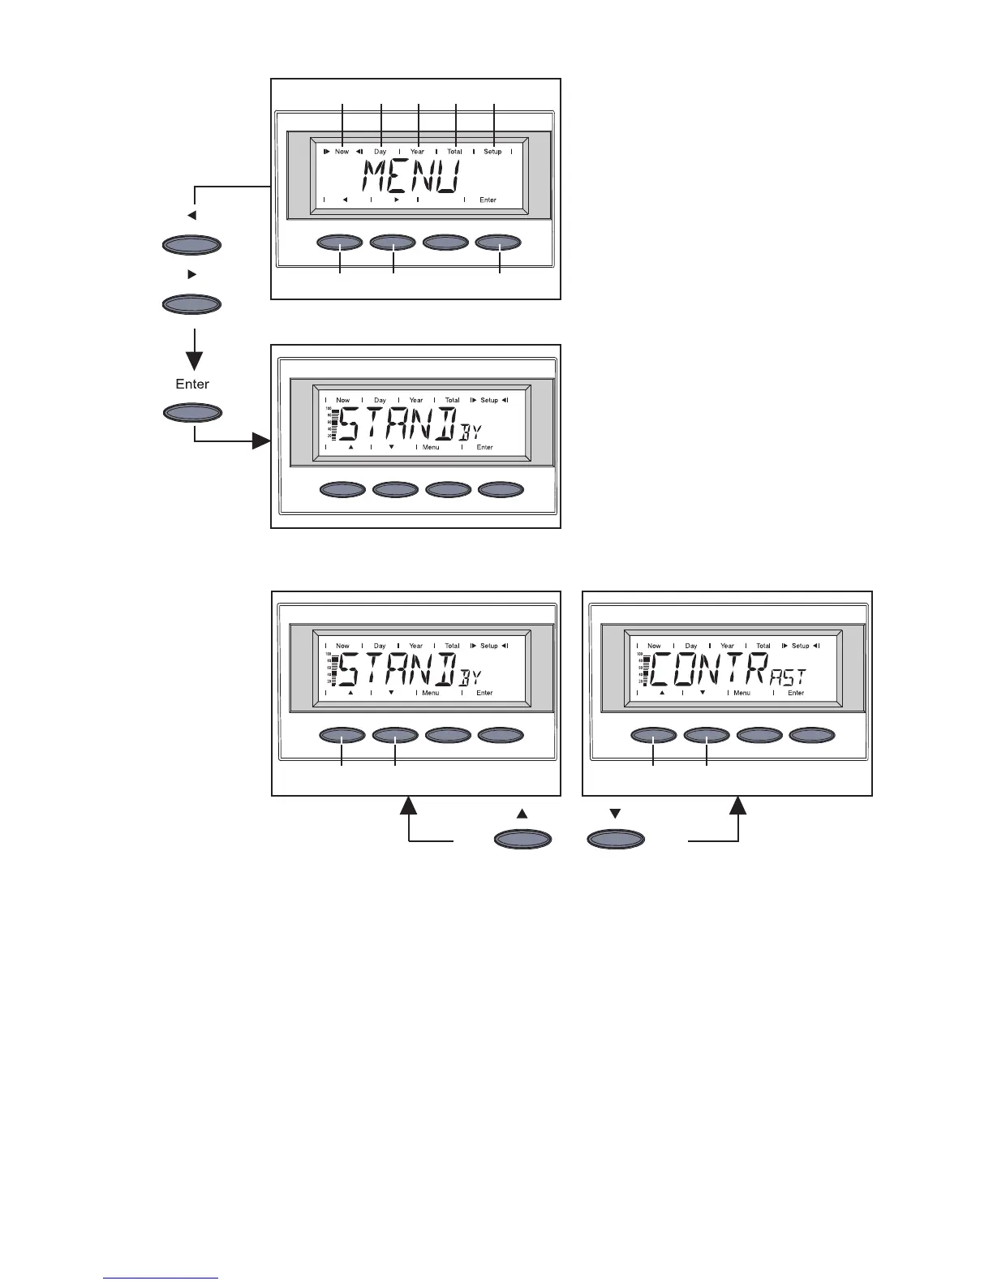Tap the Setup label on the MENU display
tap(492, 152)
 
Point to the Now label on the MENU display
tap(342, 152)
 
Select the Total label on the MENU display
tap(454, 152)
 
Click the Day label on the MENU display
tap(380, 152)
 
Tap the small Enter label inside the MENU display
tap(488, 200)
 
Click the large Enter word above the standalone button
tap(192, 384)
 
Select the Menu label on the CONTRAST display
tap(742, 693)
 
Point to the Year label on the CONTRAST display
tap(727, 646)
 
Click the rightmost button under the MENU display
tap(498, 243)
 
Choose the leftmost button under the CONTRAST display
tap(654, 735)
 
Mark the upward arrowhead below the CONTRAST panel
tap(738, 806)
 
